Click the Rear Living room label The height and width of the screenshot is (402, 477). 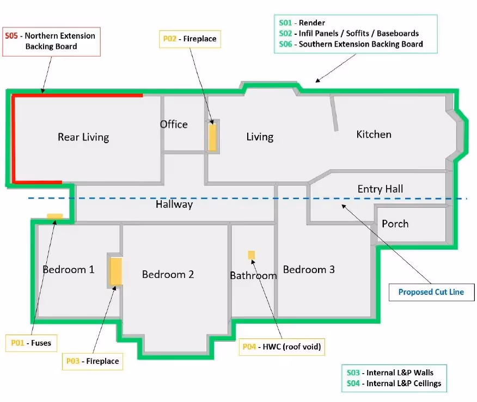83,137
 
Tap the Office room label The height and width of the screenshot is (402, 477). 174,124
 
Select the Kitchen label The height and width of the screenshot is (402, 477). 374,134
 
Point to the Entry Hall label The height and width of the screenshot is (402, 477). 380,189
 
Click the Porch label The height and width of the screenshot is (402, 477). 395,224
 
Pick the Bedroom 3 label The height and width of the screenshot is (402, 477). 309,269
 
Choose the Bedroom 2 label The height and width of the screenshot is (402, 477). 168,274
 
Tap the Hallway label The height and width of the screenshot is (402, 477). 174,204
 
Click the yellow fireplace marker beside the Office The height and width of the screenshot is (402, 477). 212,137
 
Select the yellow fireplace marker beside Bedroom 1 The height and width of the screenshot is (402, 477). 116,271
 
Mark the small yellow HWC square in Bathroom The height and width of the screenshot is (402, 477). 251,255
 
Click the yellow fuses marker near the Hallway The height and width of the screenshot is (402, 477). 55,216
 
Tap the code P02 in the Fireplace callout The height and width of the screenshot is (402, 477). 170,39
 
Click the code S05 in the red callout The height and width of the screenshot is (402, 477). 11,36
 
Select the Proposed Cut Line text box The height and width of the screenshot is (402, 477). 431,292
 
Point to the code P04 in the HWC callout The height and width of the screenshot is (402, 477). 249,347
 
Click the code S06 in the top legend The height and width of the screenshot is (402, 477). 285,45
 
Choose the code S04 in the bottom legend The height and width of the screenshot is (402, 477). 353,384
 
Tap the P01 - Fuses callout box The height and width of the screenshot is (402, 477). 32,343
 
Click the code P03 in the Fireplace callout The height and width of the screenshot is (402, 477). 73,361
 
